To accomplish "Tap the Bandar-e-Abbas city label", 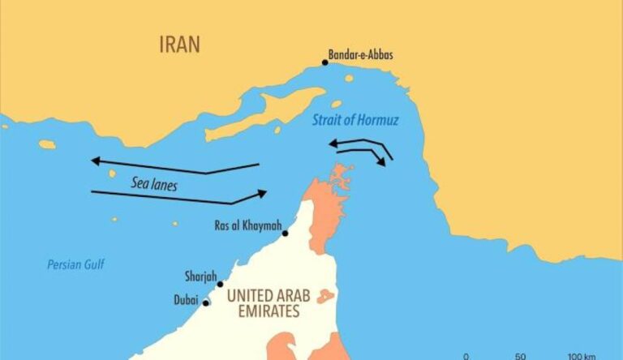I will [x=360, y=56].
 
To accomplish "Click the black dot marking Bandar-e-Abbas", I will [x=325, y=62].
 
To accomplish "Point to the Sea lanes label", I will [x=154, y=184].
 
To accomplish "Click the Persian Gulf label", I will [x=75, y=264].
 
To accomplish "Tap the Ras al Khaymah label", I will [x=246, y=225].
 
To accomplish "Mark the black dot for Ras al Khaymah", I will [x=285, y=234].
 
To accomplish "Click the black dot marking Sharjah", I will [x=220, y=284].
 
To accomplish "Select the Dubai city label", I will [x=186, y=299].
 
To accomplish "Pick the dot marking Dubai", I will [x=206, y=303].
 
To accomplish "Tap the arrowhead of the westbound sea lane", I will [x=94, y=161].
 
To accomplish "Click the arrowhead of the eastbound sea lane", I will [x=262, y=193].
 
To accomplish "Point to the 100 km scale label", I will [x=582, y=356].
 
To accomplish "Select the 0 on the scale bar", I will [x=466, y=356].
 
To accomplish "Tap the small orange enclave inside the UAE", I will [x=325, y=296].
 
